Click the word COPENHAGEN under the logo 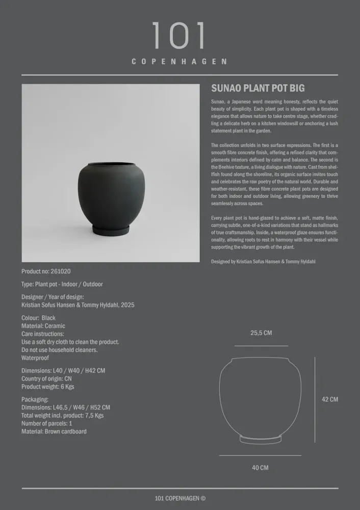(x=179, y=62)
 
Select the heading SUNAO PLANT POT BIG (x=258, y=88)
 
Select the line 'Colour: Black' (x=39, y=318)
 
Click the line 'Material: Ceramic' (x=43, y=326)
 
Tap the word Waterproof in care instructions (x=35, y=358)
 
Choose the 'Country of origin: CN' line (x=46, y=379)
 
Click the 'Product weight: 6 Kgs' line (x=48, y=387)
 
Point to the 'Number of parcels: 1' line (x=47, y=423)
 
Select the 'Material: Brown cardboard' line (x=54, y=431)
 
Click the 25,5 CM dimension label (x=261, y=333)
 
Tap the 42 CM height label (x=329, y=400)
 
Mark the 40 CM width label (x=260, y=468)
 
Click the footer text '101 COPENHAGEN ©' (x=180, y=499)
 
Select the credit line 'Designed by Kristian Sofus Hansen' (x=263, y=262)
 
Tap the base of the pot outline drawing (x=260, y=439)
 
